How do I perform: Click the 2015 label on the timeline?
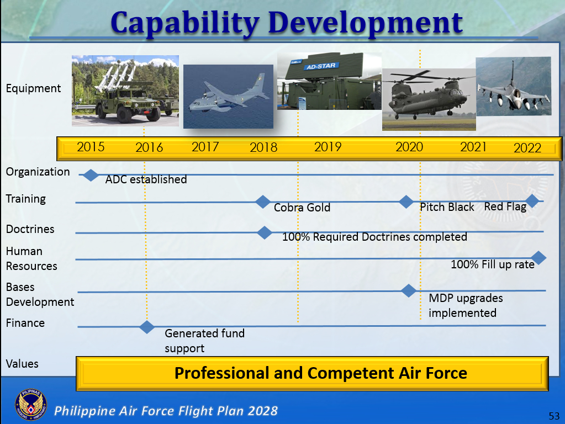click(91, 147)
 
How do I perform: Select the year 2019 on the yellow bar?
click(328, 147)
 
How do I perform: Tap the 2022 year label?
click(527, 148)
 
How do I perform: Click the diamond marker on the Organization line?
click(91, 176)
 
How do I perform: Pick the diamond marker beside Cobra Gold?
click(263, 202)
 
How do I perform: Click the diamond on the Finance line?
click(147, 327)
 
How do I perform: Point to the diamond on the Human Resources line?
click(538, 258)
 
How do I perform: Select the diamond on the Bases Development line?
click(409, 290)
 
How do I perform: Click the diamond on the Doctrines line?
click(265, 233)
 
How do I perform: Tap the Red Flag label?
click(505, 207)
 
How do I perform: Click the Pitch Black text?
click(447, 207)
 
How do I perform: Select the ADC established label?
click(146, 179)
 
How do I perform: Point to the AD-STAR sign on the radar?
click(321, 66)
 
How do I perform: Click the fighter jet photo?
click(514, 86)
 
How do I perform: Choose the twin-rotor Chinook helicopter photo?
click(429, 99)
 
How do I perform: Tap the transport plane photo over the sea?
click(229, 97)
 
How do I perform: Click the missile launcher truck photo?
click(125, 91)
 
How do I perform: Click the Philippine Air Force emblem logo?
click(31, 405)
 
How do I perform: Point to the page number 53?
click(554, 416)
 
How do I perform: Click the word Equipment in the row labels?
click(34, 89)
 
